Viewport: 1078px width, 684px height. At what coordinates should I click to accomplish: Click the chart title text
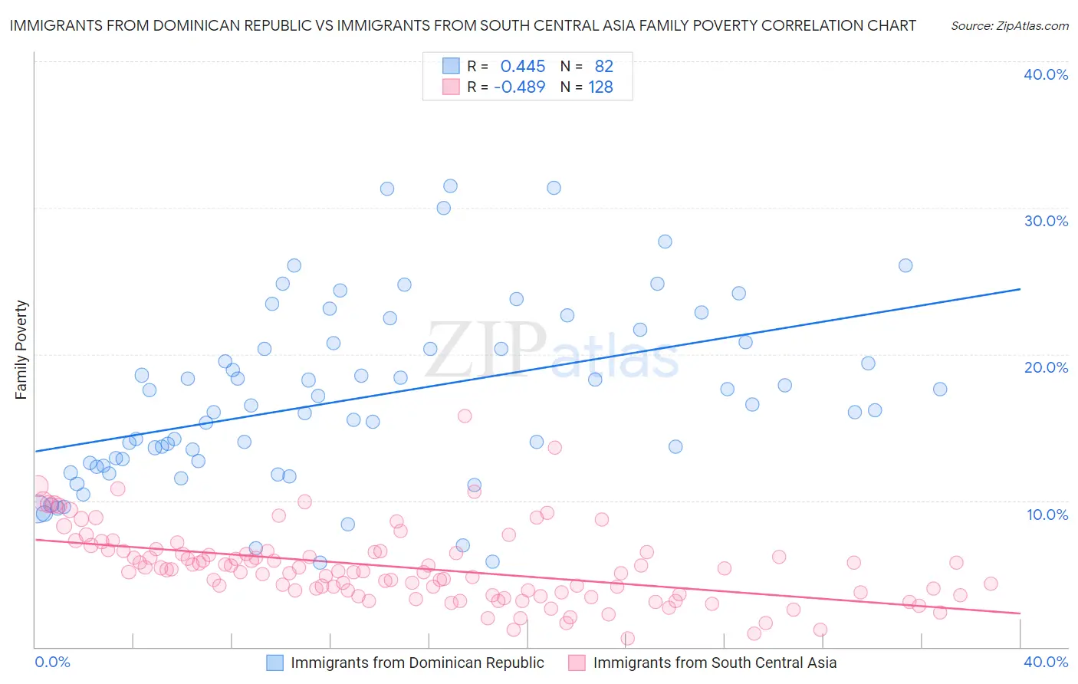coord(462,25)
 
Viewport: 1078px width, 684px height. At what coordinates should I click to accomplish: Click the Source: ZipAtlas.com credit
coord(1009,25)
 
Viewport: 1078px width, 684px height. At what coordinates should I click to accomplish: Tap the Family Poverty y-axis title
coord(21,350)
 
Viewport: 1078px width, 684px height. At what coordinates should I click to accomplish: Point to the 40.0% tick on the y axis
coord(1046,74)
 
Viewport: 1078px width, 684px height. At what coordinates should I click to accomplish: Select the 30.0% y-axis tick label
coord(1046,221)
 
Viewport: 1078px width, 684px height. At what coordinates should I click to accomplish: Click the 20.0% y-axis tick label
coord(1046,367)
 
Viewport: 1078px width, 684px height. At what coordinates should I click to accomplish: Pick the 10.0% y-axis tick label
coord(1047,515)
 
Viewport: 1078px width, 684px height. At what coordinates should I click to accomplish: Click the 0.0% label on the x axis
coord(52,662)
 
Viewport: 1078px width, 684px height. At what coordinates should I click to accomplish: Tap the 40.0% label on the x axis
coord(1046,662)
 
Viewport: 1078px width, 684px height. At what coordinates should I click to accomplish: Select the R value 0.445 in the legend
coord(523,67)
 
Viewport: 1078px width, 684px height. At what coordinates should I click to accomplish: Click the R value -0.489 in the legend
coord(519,87)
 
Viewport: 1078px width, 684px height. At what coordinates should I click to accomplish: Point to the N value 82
coord(604,67)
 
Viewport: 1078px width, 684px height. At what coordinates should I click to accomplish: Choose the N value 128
coord(600,87)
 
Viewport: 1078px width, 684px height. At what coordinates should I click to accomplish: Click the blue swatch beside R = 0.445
coord(451,66)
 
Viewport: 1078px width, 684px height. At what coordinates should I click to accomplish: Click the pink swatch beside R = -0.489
coord(451,87)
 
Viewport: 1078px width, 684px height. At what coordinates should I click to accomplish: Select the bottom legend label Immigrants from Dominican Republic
coord(417,663)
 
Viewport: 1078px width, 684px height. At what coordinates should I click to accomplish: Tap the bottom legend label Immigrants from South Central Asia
coord(715,663)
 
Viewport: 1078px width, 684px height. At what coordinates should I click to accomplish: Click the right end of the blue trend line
coord(1020,289)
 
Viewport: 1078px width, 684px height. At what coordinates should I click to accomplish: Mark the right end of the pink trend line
coord(1020,613)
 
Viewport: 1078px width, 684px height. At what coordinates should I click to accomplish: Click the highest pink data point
coord(465,416)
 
